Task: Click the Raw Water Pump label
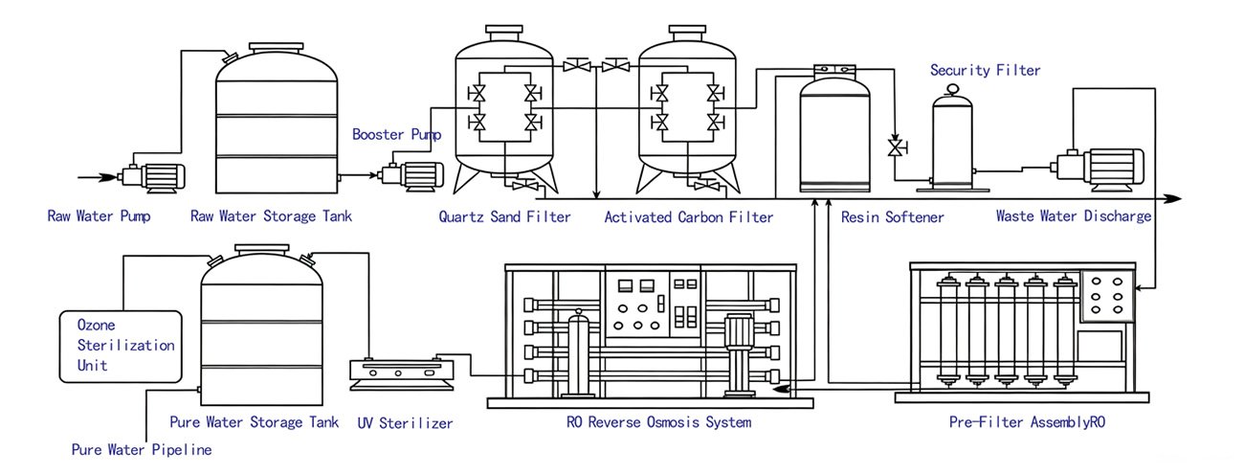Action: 99,215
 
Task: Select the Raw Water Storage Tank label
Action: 271,215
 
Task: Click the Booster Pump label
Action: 396,134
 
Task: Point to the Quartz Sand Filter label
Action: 504,216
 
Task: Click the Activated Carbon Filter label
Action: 689,216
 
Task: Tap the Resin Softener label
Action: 892,216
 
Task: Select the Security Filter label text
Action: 986,70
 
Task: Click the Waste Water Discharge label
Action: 1074,215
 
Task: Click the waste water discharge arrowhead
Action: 1172,198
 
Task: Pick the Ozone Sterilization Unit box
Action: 121,347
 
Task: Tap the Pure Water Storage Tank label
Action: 254,422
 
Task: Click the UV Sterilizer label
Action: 405,423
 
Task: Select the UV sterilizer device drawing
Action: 402,374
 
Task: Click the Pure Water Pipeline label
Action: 142,449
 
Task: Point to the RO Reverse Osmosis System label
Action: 658,422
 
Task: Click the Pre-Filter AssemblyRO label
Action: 1027,422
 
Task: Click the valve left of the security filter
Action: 896,147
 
